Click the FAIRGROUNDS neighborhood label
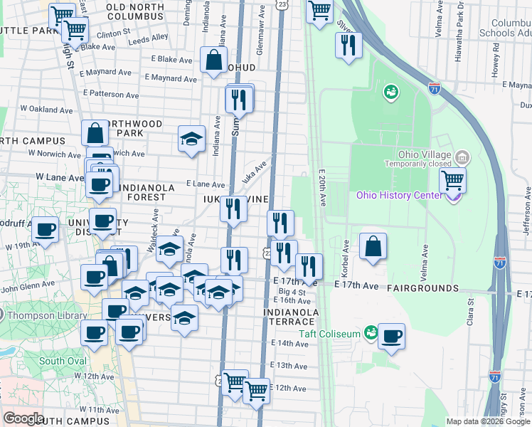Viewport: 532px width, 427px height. [422, 288]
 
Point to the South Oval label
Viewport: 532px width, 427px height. [62, 361]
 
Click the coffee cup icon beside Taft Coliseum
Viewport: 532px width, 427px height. [391, 337]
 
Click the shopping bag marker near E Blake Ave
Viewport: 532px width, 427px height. [213, 60]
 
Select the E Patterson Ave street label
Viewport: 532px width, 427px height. [110, 93]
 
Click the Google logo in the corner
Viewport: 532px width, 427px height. [23, 418]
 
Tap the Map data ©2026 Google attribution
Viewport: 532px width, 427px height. [487, 421]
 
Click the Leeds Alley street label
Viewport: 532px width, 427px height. [149, 38]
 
